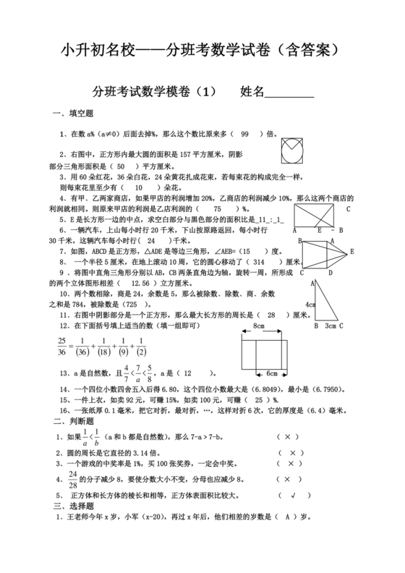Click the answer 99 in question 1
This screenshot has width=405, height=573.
[x=244, y=134]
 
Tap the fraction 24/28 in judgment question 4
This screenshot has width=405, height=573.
[x=73, y=479]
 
